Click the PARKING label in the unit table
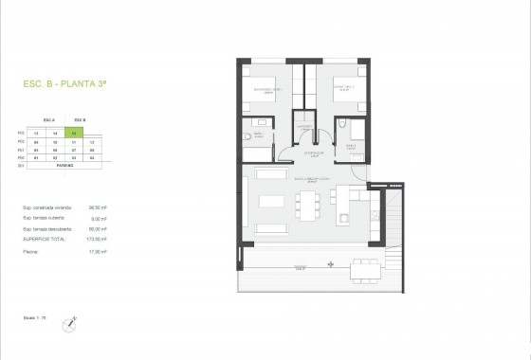(64, 163)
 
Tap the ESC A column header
(49, 119)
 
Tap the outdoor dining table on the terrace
(360, 273)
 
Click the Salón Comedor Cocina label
(309, 178)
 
